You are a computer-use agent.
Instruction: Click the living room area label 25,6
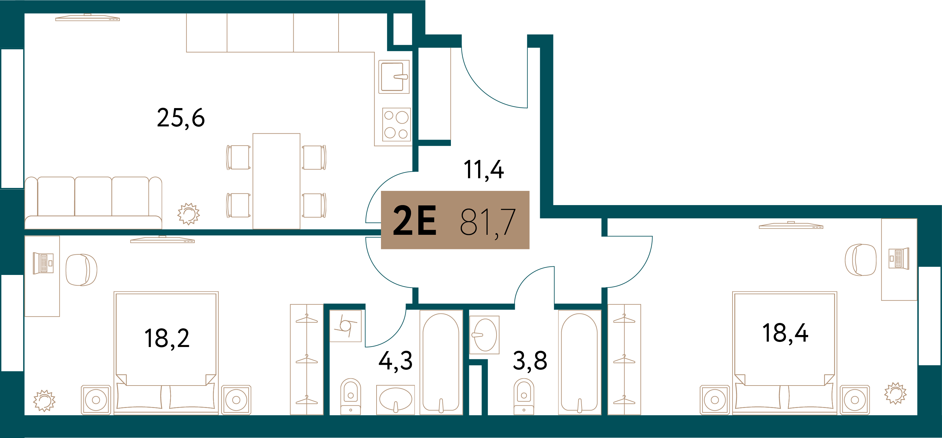click(181, 118)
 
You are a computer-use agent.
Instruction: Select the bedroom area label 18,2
click(167, 338)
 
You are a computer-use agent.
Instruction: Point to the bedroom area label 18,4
click(785, 333)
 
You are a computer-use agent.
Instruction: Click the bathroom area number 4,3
click(396, 361)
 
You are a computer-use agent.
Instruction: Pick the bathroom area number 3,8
click(530, 361)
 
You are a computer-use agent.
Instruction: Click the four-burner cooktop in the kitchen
click(396, 125)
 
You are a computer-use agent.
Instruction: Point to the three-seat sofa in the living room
click(93, 203)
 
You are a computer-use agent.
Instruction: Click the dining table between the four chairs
click(277, 181)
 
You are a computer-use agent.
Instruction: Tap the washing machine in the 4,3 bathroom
click(346, 326)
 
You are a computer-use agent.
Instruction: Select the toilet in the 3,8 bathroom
click(524, 396)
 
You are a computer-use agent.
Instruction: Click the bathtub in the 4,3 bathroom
click(441, 362)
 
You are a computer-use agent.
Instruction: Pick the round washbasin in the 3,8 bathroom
click(484, 335)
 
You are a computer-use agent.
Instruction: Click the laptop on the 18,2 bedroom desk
click(43, 263)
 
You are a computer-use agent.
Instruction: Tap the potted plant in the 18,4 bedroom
click(895, 393)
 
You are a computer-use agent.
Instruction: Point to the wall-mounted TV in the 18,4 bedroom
click(791, 225)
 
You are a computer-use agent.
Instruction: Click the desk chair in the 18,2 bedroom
click(82, 270)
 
